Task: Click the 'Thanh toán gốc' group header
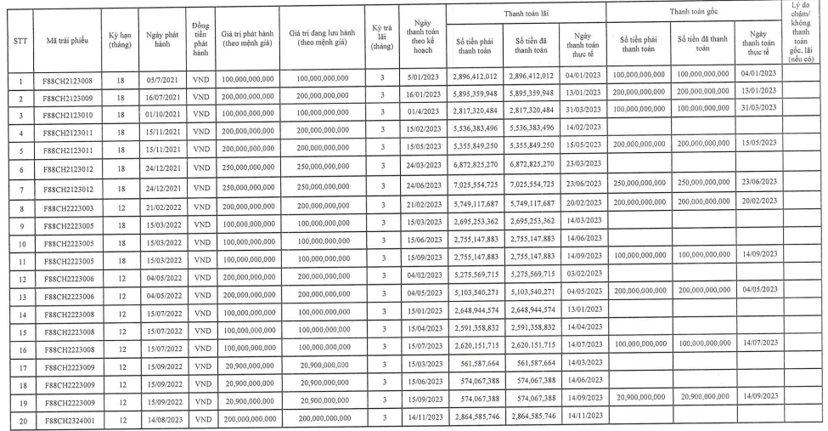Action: click(x=694, y=12)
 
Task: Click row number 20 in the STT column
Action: click(x=18, y=420)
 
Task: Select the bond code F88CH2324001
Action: click(x=69, y=420)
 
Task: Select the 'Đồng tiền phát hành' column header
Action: click(x=200, y=38)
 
